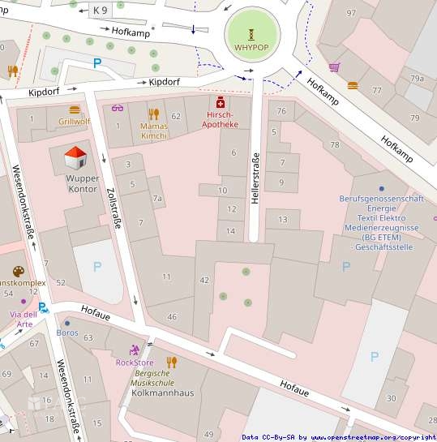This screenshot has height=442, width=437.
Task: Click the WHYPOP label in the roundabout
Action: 251,47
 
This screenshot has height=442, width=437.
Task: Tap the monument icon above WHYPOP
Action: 251,33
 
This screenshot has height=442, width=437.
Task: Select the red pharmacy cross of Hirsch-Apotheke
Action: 220,103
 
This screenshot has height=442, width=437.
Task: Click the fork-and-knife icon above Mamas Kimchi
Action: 153,114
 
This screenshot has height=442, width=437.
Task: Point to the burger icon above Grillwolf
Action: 75,109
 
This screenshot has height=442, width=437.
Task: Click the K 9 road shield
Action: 100,10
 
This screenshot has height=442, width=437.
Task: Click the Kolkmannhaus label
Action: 162,393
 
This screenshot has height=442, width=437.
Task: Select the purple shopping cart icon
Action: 334,67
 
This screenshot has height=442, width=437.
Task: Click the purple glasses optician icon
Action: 118,108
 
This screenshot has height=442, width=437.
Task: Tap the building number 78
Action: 335,144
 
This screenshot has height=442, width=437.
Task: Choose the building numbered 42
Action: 204,280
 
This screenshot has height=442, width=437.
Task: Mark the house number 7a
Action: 157,199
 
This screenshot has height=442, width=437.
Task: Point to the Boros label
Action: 67,333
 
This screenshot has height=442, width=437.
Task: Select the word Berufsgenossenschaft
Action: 381,199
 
